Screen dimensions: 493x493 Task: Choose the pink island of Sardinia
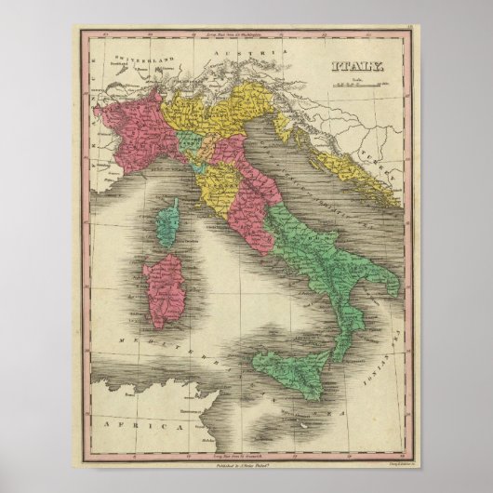pos(165,290)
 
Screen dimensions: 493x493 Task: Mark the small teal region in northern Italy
pos(191,145)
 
